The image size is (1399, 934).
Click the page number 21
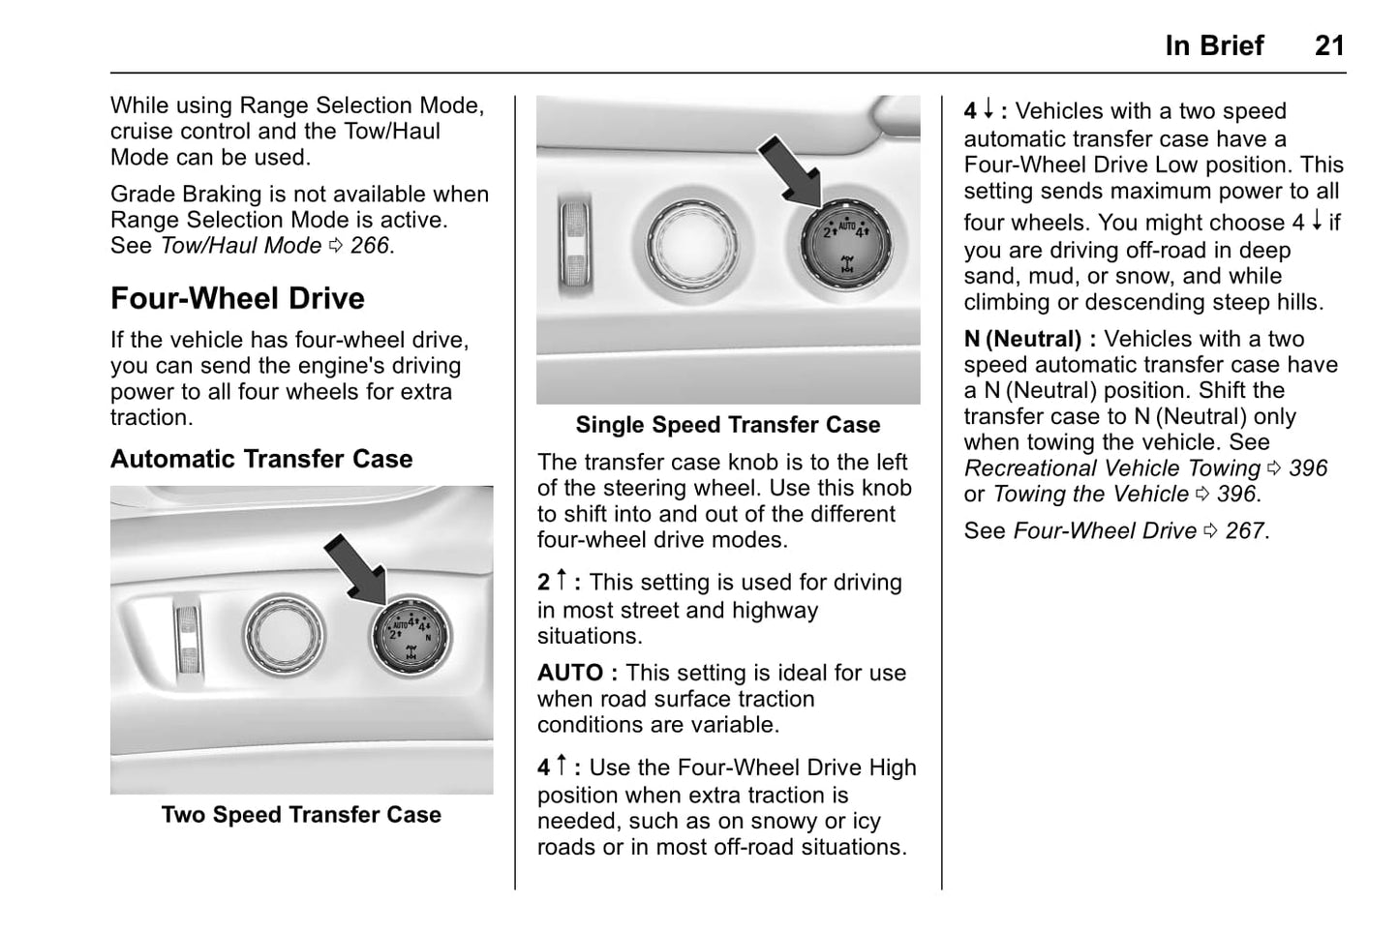[1329, 45]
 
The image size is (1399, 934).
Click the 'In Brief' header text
[1214, 45]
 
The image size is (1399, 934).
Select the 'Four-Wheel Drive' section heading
[237, 298]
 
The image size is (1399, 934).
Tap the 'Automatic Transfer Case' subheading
[261, 459]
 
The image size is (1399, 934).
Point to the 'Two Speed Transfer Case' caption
[301, 815]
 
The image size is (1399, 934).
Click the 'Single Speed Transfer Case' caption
[728, 425]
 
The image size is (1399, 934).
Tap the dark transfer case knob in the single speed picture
[846, 245]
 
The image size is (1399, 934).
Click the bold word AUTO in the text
[570, 673]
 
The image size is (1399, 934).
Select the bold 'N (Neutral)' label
[1022, 339]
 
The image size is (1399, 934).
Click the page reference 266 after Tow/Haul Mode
[370, 246]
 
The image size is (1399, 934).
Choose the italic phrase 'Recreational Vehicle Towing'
[1111, 468]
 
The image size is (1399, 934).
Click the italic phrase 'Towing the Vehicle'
[1090, 494]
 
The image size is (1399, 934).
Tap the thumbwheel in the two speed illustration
[189, 638]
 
